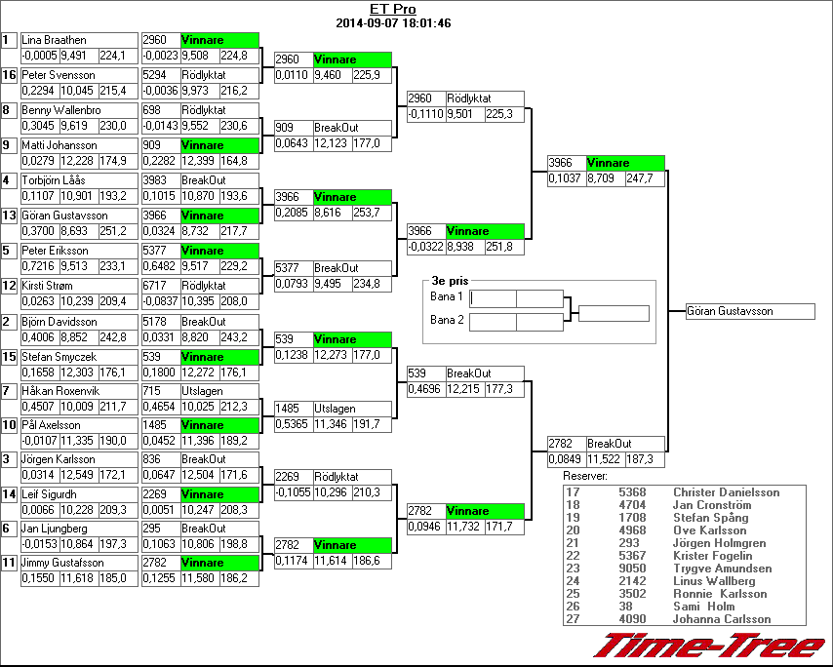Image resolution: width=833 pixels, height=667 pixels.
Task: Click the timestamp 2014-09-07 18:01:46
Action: tap(393, 22)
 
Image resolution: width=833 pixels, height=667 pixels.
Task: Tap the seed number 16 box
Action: tap(9, 75)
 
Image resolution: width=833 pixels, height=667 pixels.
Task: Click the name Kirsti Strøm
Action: tap(55, 286)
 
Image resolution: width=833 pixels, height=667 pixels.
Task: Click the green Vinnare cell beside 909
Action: tap(219, 145)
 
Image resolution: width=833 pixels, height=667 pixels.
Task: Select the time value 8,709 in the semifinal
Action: tap(605, 179)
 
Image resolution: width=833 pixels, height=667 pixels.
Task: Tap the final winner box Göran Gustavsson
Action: tap(749, 312)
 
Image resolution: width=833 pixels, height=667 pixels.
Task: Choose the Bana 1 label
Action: tap(446, 296)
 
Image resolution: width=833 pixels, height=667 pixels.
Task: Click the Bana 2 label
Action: tap(446, 320)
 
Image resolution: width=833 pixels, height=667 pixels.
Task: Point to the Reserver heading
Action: tap(586, 476)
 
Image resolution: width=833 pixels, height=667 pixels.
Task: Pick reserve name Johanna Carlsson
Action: tap(722, 619)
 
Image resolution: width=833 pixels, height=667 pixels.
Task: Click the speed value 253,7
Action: tap(367, 212)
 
